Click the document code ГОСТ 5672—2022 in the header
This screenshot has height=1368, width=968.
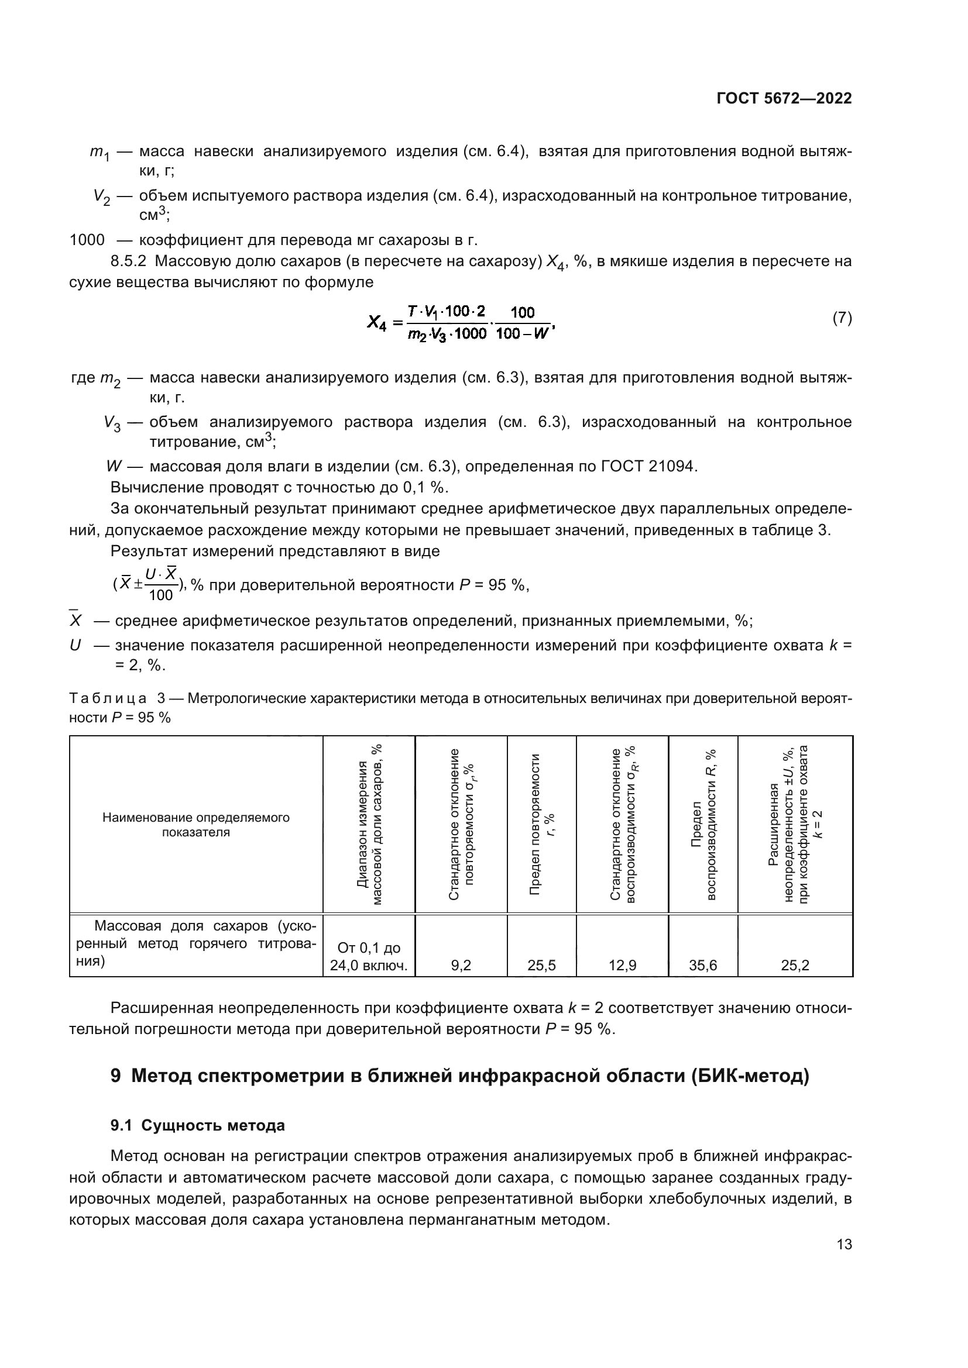784,98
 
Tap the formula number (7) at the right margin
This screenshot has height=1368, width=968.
842,318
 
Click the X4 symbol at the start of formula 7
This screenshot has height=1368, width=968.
377,323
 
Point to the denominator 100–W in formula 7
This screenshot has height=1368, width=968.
522,333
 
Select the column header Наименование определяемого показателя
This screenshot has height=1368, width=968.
196,825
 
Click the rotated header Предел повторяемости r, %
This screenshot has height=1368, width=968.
542,825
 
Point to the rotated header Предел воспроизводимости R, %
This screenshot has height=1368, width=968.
703,825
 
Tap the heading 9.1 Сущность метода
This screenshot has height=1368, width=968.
197,1125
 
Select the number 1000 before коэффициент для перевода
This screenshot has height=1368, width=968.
87,240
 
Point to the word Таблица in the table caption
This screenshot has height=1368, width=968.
108,698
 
